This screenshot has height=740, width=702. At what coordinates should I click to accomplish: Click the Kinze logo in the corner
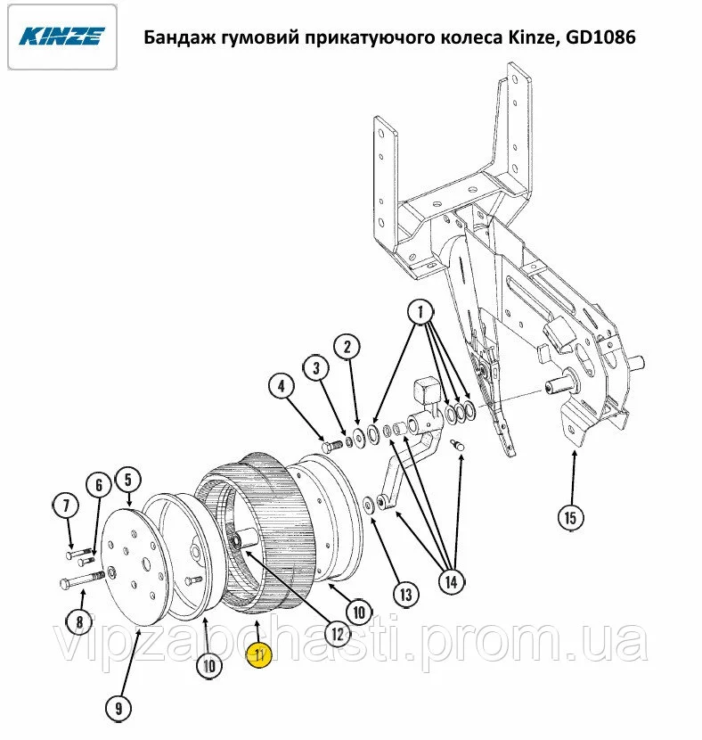click(x=62, y=37)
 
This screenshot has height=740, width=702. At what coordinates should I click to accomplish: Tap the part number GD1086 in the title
click(x=600, y=37)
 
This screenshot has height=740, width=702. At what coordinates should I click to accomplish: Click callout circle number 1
click(x=420, y=312)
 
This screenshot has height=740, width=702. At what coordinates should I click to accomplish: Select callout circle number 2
click(x=347, y=347)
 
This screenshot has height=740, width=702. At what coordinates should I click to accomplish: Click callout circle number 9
click(x=118, y=708)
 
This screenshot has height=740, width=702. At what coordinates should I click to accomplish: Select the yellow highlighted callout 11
click(x=260, y=655)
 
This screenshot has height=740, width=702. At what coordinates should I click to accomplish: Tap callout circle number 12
click(x=338, y=634)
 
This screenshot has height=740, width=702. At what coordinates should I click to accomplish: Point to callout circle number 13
click(x=406, y=595)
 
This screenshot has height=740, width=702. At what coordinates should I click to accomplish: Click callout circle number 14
click(x=451, y=582)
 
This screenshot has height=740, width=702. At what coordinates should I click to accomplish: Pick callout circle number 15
click(x=570, y=518)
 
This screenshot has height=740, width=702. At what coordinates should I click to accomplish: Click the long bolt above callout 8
click(x=83, y=580)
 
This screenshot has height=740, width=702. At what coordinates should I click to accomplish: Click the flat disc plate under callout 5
click(x=135, y=566)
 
